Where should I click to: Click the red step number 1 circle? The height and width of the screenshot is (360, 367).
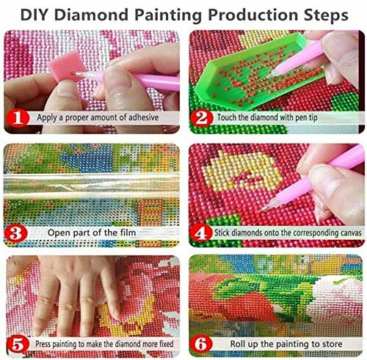[x=18, y=119]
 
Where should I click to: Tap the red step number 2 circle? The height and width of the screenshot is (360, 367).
[x=202, y=118]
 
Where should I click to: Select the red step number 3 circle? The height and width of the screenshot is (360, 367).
[x=15, y=233]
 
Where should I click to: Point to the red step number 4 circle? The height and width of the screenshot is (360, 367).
[x=201, y=233]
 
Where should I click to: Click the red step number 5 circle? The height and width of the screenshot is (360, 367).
[x=18, y=345]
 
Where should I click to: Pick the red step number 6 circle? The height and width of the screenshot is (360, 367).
[x=201, y=344]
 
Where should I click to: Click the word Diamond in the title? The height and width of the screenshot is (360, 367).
[x=91, y=15]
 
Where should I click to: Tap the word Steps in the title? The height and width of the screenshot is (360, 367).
[x=326, y=15]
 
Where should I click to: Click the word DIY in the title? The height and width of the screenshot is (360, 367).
[x=34, y=15]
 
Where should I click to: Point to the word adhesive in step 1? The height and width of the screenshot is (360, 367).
[x=144, y=117]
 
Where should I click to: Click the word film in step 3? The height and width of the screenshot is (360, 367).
[x=128, y=232]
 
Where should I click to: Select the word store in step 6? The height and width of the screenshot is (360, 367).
[x=332, y=344]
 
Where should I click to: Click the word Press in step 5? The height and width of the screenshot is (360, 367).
[x=43, y=344]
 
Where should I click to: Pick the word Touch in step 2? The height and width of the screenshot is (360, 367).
[x=227, y=117]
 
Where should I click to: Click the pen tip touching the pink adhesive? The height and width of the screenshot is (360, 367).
[x=73, y=73]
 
